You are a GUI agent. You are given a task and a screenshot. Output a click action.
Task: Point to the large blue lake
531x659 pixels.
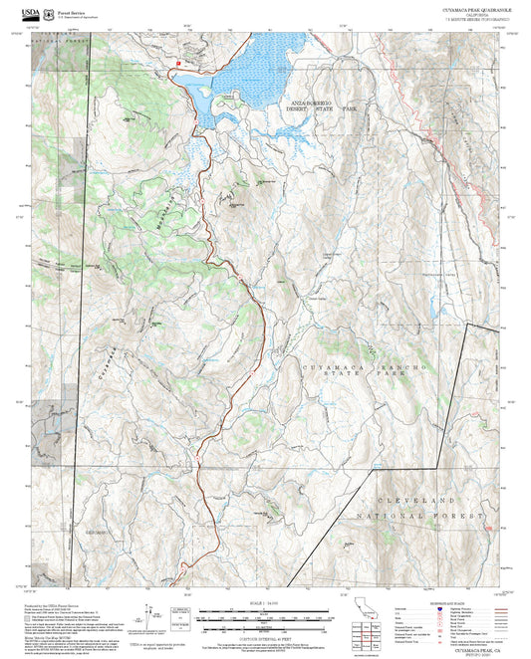(259, 70)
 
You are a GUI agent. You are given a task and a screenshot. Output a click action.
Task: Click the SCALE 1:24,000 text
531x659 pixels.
(265, 603)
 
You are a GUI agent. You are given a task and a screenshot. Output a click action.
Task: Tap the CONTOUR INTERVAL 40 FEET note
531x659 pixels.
(265, 634)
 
